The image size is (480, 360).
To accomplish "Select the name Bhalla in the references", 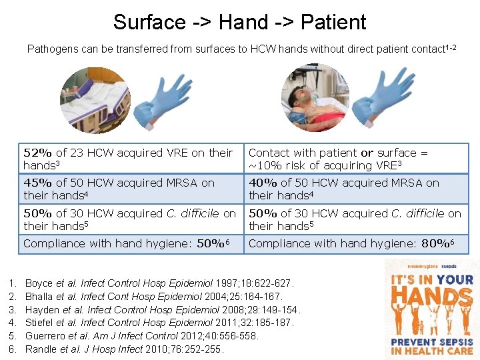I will pos(39,296).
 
